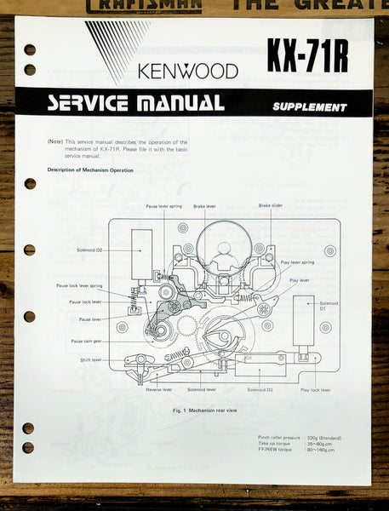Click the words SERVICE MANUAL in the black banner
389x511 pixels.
click(x=135, y=103)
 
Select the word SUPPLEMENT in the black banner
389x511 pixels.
click(x=309, y=107)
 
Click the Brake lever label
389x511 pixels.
click(x=204, y=206)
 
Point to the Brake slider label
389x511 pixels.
click(x=271, y=206)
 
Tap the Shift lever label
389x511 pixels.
click(x=91, y=359)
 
